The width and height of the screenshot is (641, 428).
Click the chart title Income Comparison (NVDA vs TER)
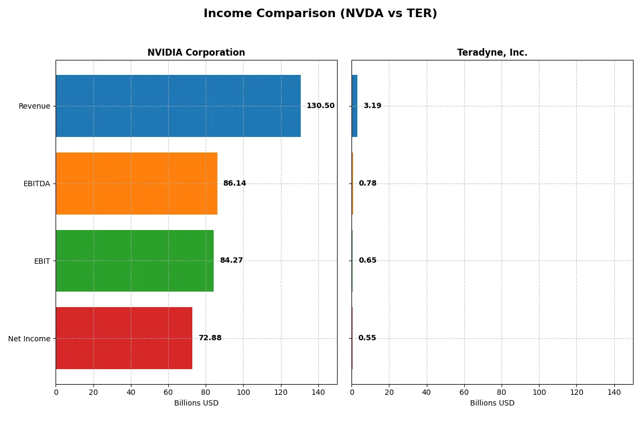(320, 14)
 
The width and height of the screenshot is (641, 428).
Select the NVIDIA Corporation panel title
(196, 53)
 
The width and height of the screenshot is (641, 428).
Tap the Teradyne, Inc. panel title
(492, 53)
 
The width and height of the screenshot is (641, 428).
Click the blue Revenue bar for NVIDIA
(178, 106)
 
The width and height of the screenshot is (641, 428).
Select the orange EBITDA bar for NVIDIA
(136, 184)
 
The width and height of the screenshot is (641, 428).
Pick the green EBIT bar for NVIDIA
(135, 261)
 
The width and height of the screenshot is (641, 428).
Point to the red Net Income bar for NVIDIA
(124, 338)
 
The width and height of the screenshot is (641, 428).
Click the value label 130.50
(320, 106)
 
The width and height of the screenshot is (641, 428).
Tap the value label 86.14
(234, 184)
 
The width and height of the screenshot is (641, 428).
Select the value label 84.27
(231, 261)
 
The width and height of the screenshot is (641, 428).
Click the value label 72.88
(210, 338)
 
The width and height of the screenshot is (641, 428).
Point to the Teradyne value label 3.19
(372, 106)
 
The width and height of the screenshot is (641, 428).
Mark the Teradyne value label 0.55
(367, 338)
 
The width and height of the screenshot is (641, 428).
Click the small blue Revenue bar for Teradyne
(355, 106)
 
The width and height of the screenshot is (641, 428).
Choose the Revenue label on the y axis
(34, 106)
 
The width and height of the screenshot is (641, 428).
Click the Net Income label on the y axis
(29, 339)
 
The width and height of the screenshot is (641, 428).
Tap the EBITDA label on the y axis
(37, 184)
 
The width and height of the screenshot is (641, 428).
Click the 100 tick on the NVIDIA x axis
(243, 393)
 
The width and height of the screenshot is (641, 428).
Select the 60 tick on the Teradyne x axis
(464, 393)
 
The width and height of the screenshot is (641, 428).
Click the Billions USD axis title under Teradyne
(492, 403)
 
